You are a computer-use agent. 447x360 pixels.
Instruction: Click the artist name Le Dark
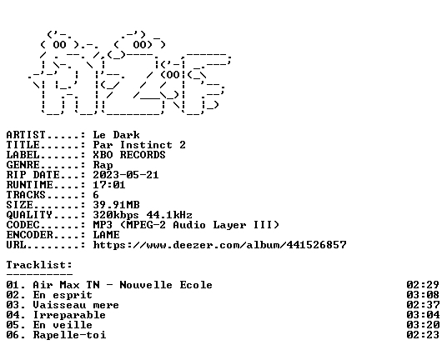click(116, 135)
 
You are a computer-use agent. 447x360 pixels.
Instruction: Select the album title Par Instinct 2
click(139, 145)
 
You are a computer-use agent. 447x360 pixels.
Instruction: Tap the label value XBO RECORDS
click(129, 155)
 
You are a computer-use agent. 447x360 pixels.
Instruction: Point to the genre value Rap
click(103, 165)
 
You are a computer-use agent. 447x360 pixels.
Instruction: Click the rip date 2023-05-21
click(126, 175)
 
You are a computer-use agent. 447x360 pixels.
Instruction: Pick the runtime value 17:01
click(109, 185)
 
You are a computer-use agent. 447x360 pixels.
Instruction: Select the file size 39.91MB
click(116, 205)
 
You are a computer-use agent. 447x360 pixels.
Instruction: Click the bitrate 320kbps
click(116, 215)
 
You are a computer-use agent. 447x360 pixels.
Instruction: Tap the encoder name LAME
click(107, 235)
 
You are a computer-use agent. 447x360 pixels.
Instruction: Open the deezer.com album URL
click(220, 245)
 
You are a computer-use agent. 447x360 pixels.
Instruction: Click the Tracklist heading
click(39, 265)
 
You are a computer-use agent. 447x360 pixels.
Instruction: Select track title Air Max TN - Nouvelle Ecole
click(123, 285)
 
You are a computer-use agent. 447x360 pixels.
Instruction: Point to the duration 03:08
click(423, 295)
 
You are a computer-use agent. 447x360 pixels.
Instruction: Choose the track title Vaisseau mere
click(76, 305)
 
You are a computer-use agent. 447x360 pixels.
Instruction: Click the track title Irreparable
click(69, 315)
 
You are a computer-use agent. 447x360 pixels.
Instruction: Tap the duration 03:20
click(423, 325)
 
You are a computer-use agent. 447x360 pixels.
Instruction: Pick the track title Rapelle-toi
click(69, 335)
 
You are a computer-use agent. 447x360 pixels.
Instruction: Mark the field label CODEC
click(23, 225)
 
